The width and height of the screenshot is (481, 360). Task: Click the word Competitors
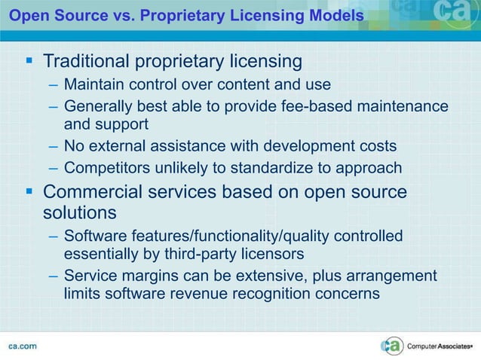pos(105,167)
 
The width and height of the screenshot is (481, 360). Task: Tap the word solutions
pos(79,212)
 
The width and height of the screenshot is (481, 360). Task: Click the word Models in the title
pos(332,15)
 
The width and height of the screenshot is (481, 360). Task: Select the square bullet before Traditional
pos(26,60)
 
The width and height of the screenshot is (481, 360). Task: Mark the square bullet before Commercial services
pos(26,193)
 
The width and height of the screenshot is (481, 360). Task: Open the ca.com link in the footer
pos(23,346)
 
